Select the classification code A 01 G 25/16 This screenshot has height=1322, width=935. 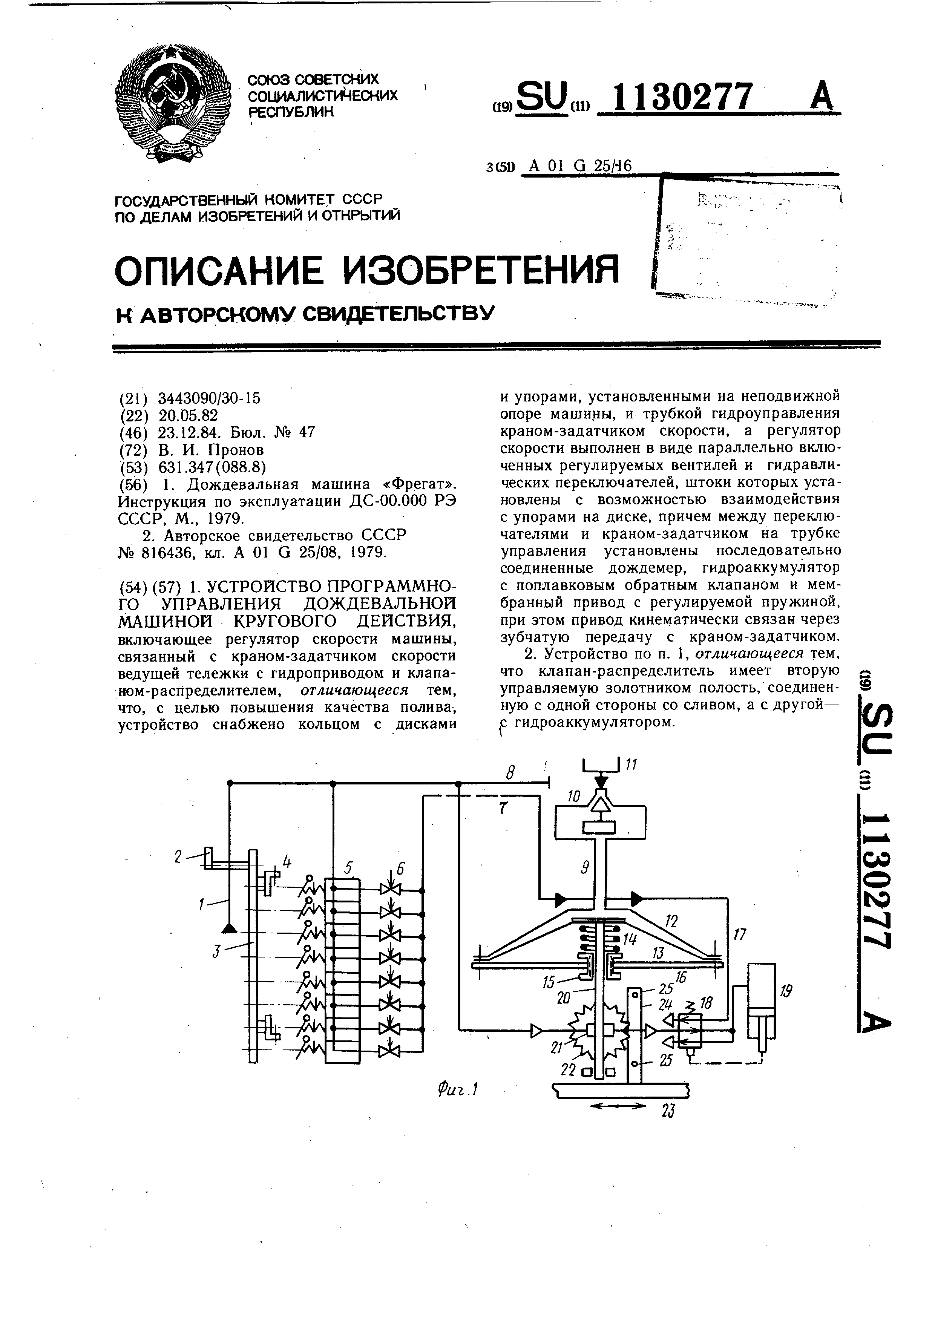click(580, 166)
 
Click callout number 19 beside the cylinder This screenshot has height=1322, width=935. click(786, 991)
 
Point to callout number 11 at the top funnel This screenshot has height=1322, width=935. click(631, 765)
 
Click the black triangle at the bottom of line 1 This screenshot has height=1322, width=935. click(228, 928)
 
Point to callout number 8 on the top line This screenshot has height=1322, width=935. click(509, 772)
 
